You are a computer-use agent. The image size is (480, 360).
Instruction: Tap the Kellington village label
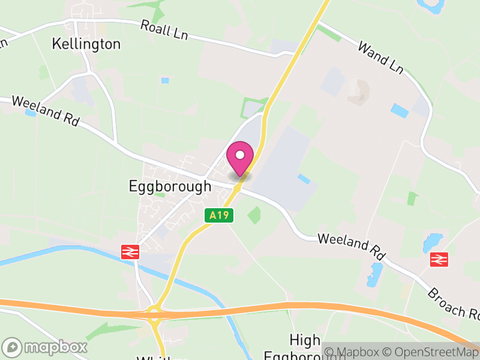[86, 44]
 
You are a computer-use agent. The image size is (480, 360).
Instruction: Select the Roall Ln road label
[164, 30]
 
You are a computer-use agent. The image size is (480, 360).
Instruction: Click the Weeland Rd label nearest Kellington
[45, 110]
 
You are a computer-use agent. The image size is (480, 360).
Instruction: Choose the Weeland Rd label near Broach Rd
[351, 246]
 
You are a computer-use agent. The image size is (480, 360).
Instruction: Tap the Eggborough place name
[170, 186]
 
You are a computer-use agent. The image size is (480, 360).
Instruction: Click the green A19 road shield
[218, 215]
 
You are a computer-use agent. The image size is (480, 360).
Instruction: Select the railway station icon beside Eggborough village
[130, 252]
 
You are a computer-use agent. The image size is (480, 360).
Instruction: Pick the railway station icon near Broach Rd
[439, 259]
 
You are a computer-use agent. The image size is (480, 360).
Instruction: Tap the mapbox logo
[45, 347]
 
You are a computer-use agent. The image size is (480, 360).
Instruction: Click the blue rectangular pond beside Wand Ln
[400, 111]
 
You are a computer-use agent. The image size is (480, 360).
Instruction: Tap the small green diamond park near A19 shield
[254, 215]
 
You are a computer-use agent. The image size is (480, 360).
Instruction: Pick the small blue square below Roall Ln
[165, 80]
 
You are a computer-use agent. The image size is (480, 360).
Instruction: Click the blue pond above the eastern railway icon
[431, 242]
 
